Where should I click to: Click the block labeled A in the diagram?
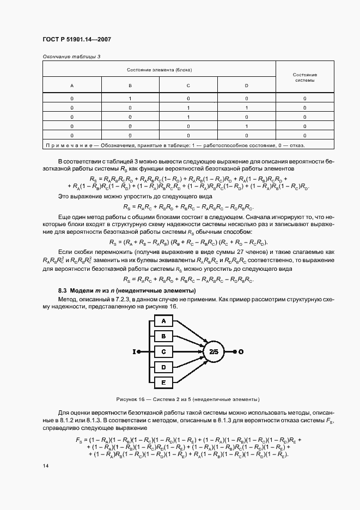pyautogui.click(x=163, y=322)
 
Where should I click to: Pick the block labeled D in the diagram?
pyautogui.click(x=163, y=368)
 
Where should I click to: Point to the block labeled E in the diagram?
pyautogui.click(x=163, y=383)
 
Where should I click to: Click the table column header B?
pyautogui.click(x=130, y=86)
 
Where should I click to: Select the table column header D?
pyautogui.click(x=246, y=86)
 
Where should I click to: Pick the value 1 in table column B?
pyautogui.click(x=130, y=99)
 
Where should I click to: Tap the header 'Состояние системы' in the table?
pyautogui.click(x=304, y=77)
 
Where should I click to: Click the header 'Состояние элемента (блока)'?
pyautogui.click(x=160, y=70)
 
